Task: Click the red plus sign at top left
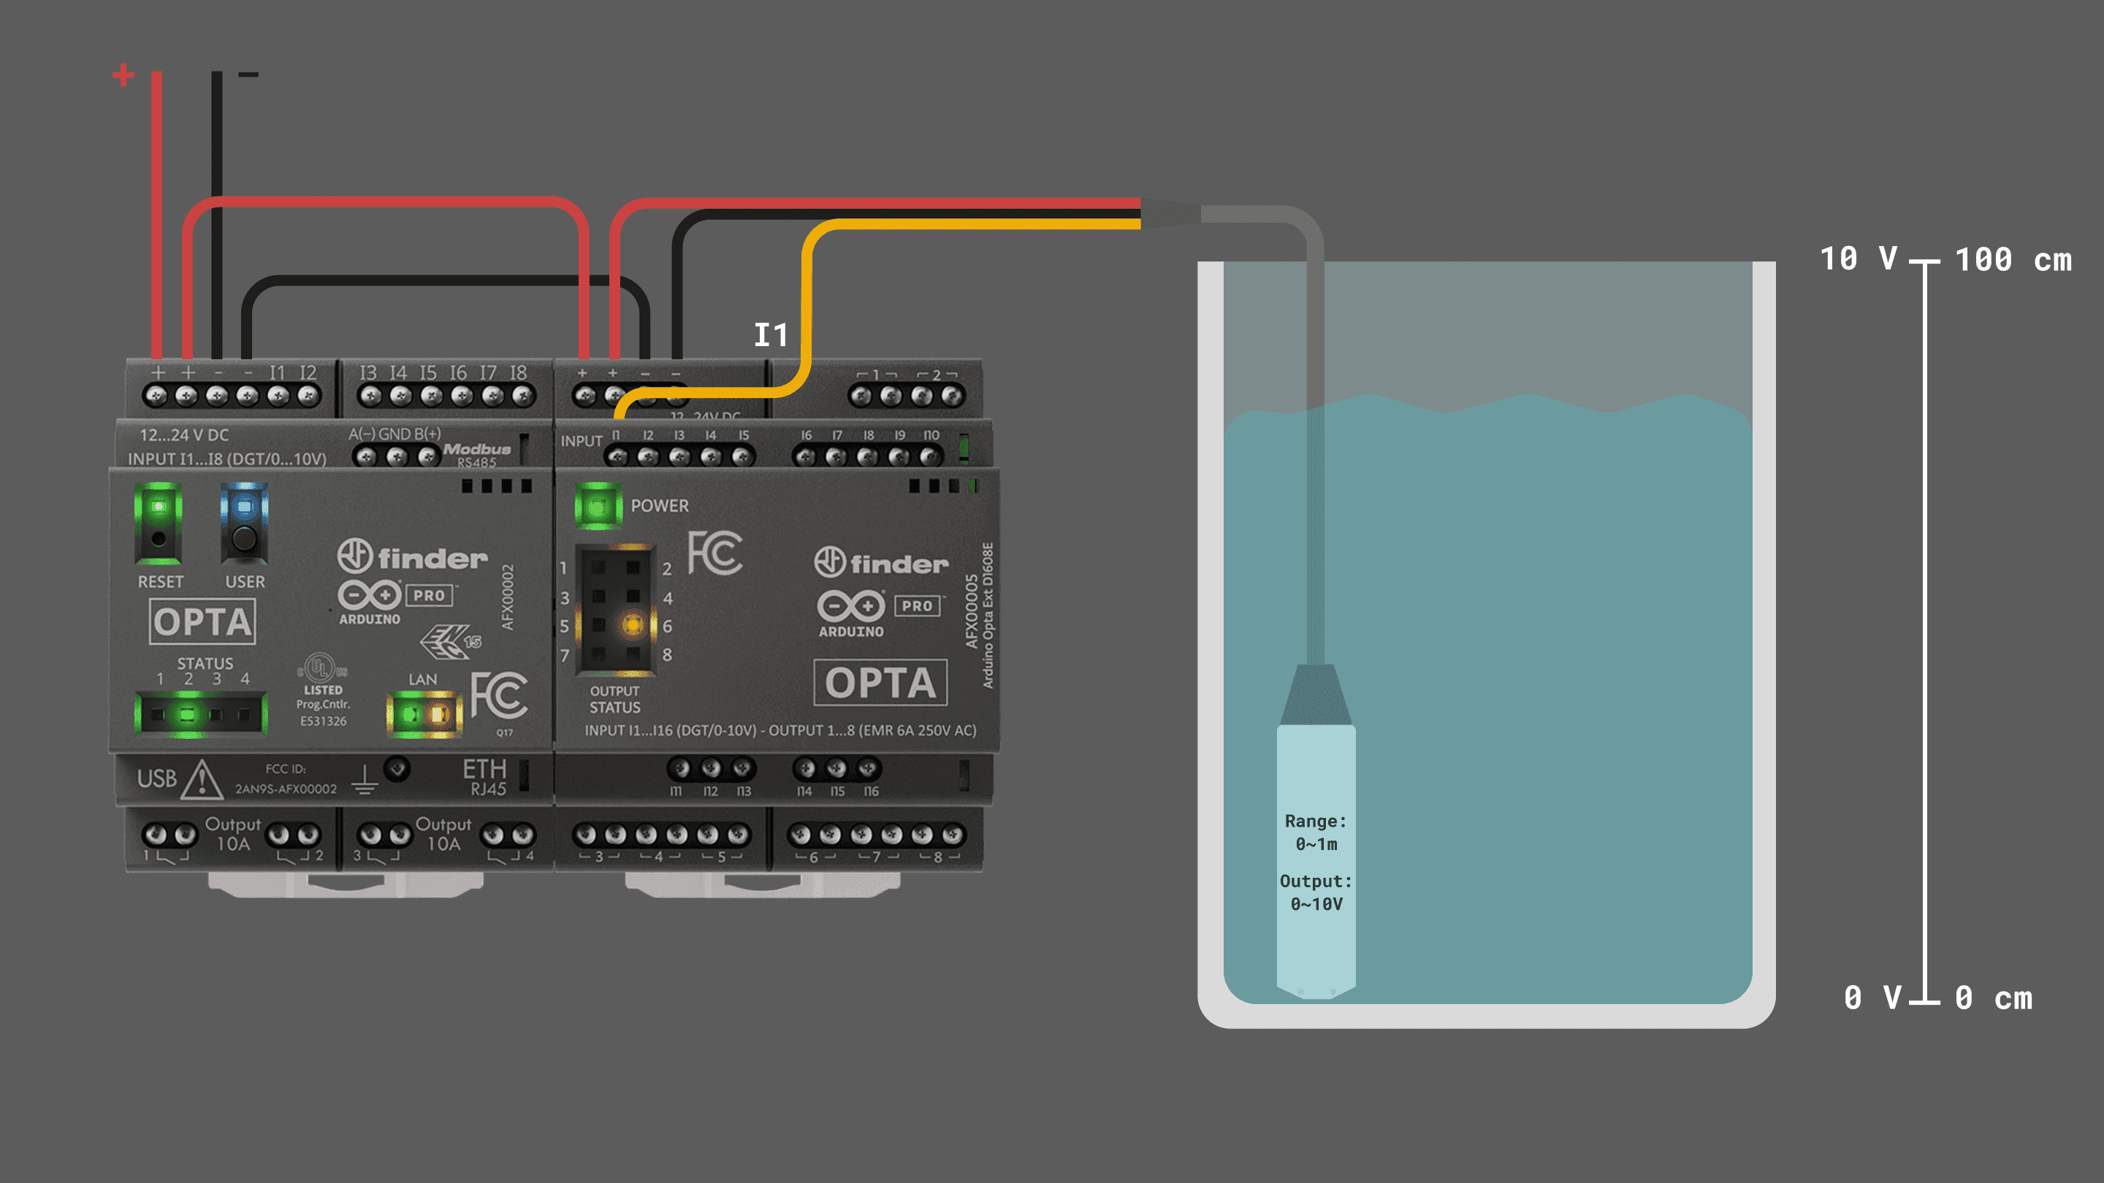click(123, 75)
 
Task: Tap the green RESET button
click(159, 523)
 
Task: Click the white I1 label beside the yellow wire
click(770, 334)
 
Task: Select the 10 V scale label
click(1858, 260)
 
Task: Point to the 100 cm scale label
click(2013, 261)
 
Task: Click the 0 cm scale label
click(1993, 998)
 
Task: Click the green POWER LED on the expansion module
click(598, 506)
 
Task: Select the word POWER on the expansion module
click(659, 506)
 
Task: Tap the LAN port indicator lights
click(424, 714)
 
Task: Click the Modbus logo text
click(477, 450)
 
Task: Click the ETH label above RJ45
click(484, 769)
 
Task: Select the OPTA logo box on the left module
click(202, 622)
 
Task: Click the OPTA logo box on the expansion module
click(880, 683)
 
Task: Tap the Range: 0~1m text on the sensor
click(1316, 832)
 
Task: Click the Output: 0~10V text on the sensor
click(1316, 892)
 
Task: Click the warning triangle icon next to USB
click(202, 780)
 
